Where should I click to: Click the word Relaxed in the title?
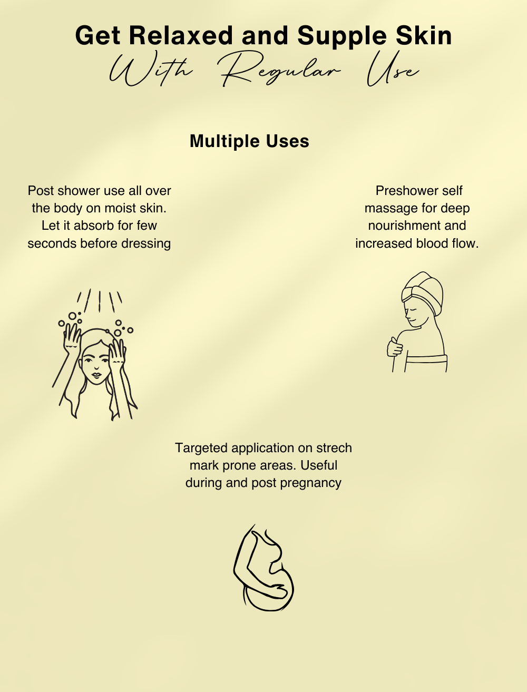[x=181, y=35]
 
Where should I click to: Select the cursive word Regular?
[x=280, y=70]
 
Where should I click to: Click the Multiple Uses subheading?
[x=249, y=141]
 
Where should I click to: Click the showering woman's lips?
[x=96, y=375]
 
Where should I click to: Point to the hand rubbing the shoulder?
[x=394, y=347]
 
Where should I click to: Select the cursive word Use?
[x=393, y=70]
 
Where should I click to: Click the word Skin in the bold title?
[x=424, y=35]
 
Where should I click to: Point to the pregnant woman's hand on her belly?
[x=279, y=591]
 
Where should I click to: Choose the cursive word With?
[x=151, y=71]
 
